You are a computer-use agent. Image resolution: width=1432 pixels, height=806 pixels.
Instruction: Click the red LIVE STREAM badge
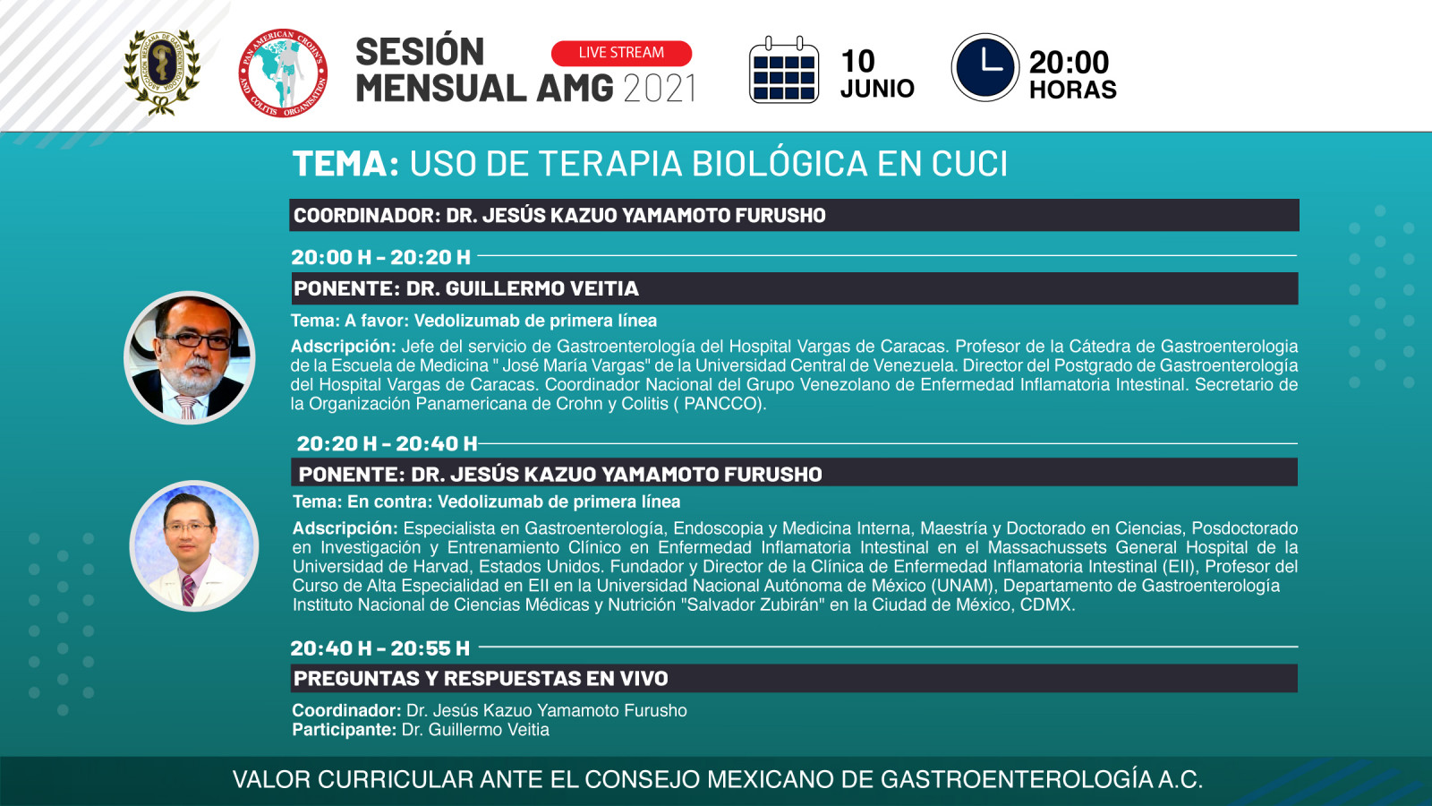coord(621,53)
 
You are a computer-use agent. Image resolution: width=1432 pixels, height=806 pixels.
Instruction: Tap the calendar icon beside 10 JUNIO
coord(784,70)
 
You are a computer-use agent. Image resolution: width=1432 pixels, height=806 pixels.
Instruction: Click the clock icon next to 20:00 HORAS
coord(985,67)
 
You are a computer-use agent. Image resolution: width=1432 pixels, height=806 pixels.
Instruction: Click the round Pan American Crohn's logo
coord(283,73)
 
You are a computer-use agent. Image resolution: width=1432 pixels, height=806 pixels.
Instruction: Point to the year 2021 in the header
coord(659,89)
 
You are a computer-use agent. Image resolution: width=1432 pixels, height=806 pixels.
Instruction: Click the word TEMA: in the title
coord(345,164)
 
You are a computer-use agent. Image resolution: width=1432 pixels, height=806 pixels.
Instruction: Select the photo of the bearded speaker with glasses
coord(189,357)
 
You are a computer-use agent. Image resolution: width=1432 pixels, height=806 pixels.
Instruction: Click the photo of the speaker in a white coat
coord(193,545)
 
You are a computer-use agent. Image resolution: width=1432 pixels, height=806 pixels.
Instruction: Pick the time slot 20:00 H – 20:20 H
coord(381,257)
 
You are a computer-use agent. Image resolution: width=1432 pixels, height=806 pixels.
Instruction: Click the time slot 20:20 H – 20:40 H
coord(387,443)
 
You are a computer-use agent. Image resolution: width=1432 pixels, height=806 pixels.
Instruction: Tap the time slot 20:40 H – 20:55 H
coord(380,648)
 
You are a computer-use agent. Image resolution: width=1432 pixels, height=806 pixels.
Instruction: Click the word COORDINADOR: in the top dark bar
coord(367,216)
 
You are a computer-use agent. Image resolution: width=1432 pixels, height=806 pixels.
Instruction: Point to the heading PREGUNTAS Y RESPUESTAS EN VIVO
coord(481,678)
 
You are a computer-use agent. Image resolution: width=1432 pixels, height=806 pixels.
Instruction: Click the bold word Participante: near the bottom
coord(344,730)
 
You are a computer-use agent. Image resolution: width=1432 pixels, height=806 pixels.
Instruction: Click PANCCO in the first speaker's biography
coord(722,404)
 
